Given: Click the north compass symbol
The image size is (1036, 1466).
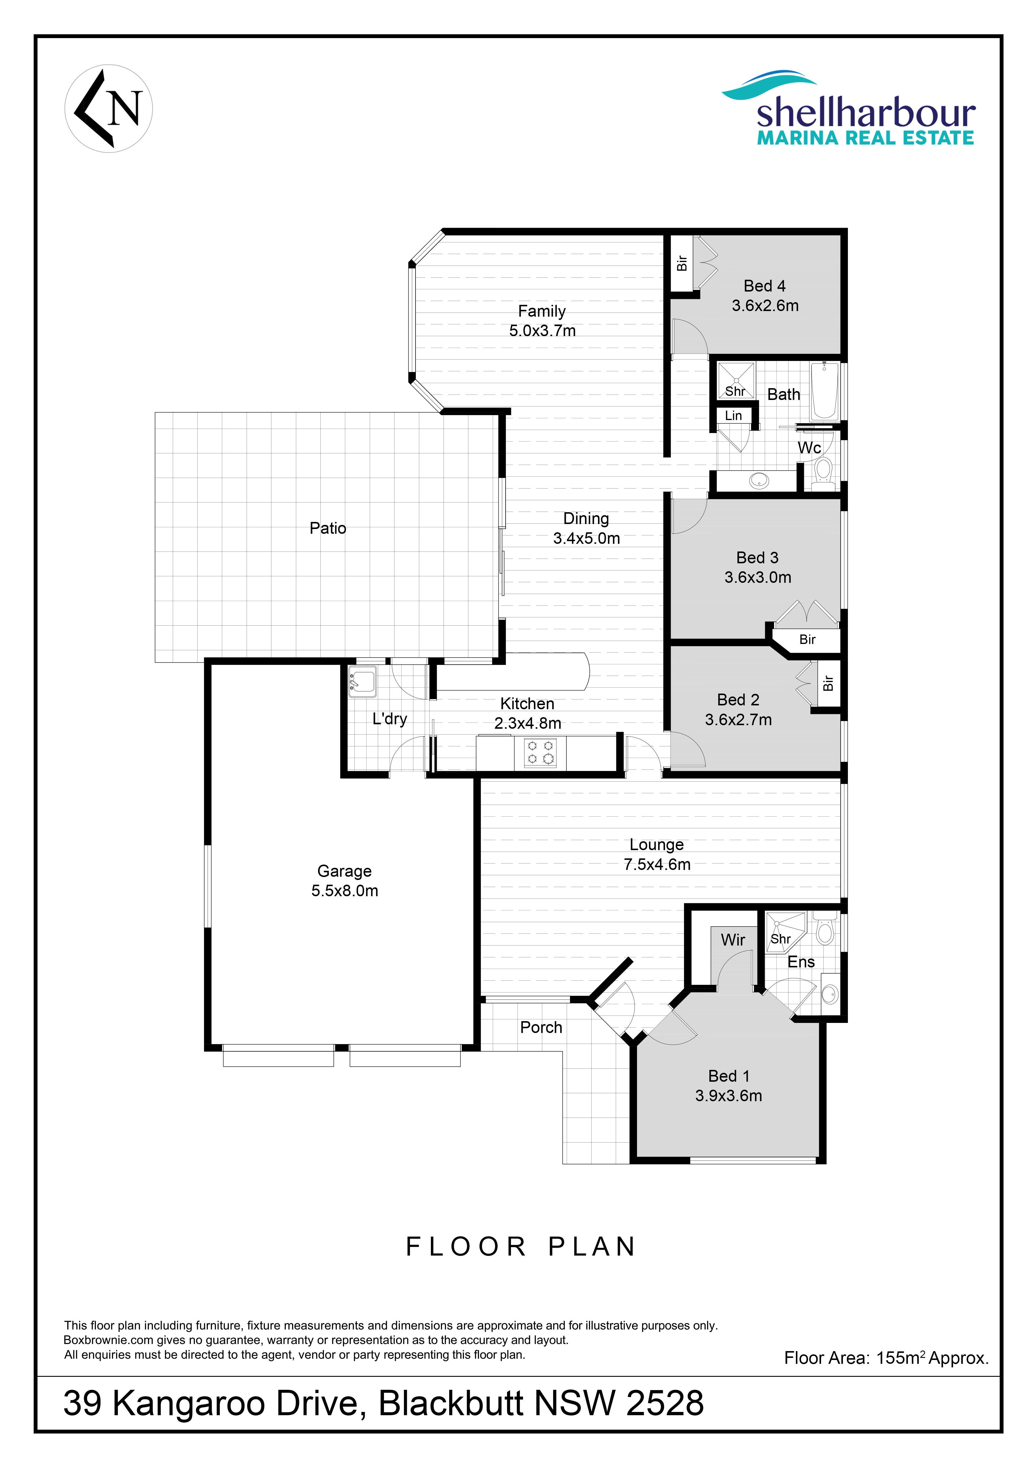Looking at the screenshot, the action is pos(108,108).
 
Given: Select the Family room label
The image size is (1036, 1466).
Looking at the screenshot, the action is pos(542,311).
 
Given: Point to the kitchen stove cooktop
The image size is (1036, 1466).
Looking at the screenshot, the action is pos(540,752).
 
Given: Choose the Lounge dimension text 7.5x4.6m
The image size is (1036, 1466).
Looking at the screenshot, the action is pos(657,865).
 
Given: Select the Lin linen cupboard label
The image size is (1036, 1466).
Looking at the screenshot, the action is pos(733,416).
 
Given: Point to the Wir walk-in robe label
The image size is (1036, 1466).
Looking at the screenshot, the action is pos(733,940).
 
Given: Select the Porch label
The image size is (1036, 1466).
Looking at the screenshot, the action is pos(541,1027).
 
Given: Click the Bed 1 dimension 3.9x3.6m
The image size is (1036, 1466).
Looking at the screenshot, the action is pos(728,1096).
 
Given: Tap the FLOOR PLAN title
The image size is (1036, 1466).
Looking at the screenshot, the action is pos(521,1246).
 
